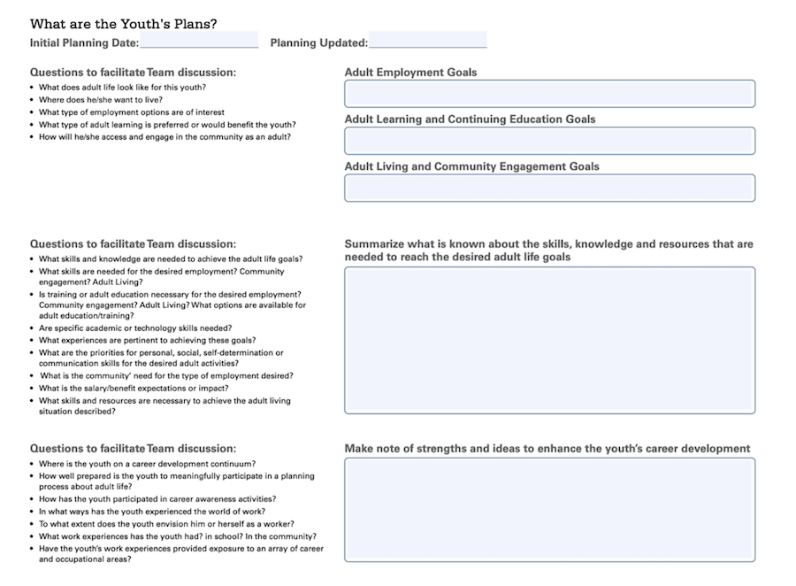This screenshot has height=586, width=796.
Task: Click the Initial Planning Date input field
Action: (198, 41)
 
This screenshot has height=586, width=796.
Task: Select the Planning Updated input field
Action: (427, 41)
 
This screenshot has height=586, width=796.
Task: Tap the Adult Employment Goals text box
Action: (549, 94)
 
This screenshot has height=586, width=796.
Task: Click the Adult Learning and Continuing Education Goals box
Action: (549, 141)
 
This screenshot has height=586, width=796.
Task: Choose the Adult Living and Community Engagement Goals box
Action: (549, 188)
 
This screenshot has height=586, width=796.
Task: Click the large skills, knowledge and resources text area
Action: (549, 340)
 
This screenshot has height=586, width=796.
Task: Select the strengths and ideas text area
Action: (549, 509)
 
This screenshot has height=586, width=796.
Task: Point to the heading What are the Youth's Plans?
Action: (123, 23)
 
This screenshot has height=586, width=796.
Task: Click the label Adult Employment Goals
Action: (410, 73)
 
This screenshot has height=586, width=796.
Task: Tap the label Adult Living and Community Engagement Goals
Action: (471, 166)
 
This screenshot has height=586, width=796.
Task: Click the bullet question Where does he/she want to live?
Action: (100, 100)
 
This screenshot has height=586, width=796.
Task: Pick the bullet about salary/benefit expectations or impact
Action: (134, 388)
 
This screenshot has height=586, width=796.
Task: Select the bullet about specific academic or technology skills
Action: (135, 328)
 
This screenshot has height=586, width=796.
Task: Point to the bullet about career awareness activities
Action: (157, 499)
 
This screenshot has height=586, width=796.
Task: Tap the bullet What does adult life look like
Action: (122, 88)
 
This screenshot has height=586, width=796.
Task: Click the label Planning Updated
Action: (318, 42)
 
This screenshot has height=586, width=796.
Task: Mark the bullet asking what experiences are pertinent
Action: (147, 340)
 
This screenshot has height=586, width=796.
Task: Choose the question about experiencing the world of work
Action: (151, 512)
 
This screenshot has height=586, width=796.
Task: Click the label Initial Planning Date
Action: (84, 42)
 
